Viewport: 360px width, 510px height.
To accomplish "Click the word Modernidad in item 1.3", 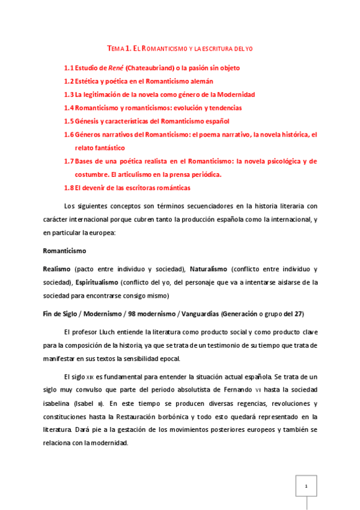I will [234, 94].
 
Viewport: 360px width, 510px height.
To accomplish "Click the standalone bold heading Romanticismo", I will [64, 250].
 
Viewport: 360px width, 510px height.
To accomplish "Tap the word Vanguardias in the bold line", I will [195, 313].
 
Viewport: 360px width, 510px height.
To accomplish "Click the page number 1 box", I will [306, 485].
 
